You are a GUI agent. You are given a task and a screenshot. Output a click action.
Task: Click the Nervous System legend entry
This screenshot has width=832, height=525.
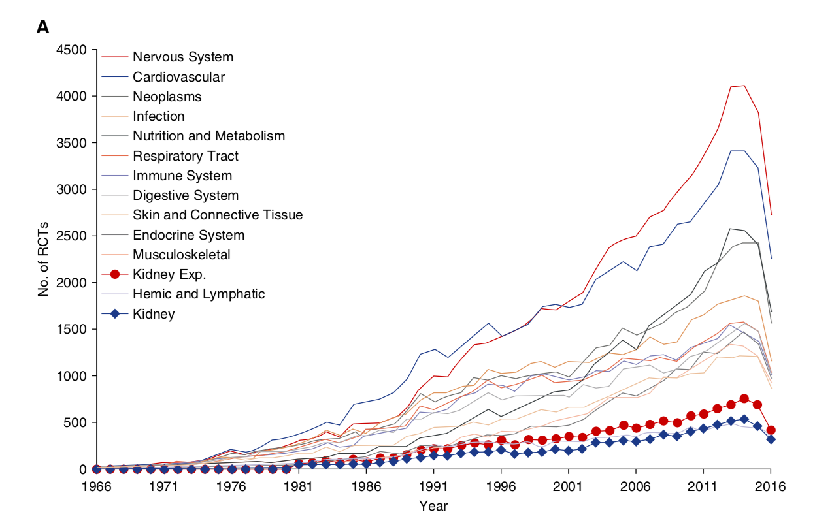point(182,57)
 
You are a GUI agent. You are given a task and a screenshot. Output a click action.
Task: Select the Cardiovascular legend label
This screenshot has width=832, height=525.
point(178,77)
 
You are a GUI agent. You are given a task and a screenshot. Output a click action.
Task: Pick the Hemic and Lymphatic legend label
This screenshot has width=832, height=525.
point(199,294)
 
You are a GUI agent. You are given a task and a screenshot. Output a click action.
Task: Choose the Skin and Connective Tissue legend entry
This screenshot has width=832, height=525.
point(218,215)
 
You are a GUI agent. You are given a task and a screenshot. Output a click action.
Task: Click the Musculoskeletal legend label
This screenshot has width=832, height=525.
point(181,255)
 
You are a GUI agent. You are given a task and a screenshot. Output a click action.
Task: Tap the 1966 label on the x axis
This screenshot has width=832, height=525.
point(96,486)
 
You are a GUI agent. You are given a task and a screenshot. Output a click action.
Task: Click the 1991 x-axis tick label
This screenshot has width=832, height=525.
point(433,486)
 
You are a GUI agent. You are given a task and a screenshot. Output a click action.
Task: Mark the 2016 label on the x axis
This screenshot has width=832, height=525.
point(771,486)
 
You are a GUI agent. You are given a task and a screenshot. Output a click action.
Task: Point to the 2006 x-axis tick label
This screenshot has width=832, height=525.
point(635,486)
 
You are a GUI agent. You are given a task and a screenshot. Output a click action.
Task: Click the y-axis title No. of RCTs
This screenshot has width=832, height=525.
point(44,259)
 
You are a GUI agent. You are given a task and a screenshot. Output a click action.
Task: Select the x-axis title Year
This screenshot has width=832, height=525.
point(433,505)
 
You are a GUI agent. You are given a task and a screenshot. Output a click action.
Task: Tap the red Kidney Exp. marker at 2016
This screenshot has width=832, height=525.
point(771,430)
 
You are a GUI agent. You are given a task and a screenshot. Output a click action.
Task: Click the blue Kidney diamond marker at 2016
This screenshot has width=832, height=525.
point(771,439)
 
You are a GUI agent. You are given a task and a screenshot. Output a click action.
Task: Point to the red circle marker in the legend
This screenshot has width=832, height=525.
point(114,274)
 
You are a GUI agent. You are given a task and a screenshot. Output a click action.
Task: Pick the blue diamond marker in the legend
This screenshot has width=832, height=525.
point(114,314)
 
